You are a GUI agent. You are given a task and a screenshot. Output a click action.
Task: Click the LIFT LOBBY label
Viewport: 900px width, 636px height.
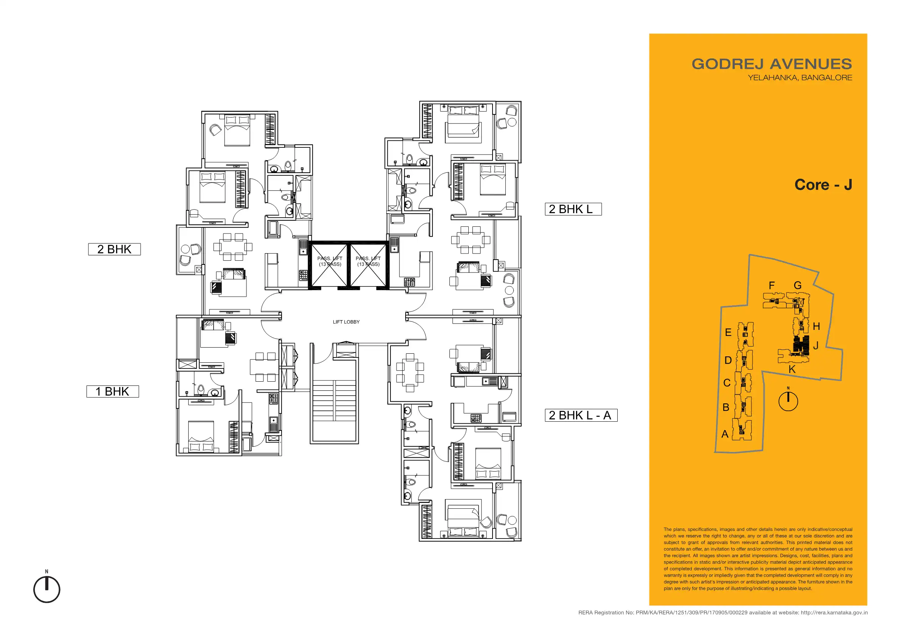click(346, 322)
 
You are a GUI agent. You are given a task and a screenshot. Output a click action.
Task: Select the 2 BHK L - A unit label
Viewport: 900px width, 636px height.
click(581, 415)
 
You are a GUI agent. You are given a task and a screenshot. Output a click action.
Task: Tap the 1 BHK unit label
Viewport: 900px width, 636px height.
click(113, 392)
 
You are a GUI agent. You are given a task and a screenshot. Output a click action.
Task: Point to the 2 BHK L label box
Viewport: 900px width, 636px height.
click(573, 209)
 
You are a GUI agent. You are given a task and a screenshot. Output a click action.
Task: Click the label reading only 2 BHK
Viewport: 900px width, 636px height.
click(115, 249)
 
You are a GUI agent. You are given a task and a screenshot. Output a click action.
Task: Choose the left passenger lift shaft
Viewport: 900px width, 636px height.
click(329, 265)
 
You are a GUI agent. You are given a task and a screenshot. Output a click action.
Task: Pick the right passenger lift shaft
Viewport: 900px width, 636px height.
click(368, 265)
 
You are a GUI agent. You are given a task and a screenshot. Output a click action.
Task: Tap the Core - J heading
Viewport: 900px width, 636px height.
click(823, 184)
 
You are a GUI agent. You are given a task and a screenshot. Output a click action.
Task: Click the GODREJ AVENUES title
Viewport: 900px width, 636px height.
click(772, 64)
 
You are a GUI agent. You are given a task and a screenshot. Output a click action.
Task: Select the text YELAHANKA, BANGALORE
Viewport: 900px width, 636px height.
click(800, 77)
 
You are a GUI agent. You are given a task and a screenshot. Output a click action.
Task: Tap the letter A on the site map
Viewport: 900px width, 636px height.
click(725, 434)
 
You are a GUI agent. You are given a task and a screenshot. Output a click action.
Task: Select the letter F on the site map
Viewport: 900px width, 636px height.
click(771, 285)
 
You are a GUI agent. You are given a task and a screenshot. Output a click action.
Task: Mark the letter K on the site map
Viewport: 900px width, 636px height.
click(792, 369)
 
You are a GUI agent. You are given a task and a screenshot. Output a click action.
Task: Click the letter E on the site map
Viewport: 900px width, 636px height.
click(728, 332)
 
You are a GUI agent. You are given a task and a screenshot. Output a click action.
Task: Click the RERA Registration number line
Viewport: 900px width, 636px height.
click(723, 613)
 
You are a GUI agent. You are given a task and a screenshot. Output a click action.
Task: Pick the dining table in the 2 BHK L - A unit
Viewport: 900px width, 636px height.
click(410, 373)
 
